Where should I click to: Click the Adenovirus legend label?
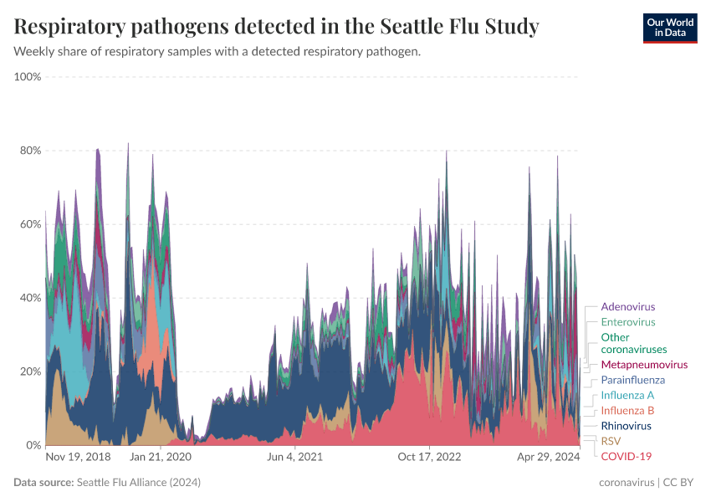627,307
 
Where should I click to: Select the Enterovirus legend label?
627,322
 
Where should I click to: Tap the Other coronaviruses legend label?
633,343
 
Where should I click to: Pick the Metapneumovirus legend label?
644,365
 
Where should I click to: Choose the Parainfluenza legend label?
633,380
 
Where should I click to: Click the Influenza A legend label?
627,395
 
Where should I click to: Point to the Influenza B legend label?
627,411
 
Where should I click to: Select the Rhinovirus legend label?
627,426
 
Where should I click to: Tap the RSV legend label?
611,441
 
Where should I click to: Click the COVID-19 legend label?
626,456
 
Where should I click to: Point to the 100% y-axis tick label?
28,77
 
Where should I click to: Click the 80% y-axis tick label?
30,151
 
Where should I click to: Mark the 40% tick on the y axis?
30,298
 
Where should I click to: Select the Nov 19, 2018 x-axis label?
78,457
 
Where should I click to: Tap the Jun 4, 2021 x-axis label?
294,457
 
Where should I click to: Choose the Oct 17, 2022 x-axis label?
429,457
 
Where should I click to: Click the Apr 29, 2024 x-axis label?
549,457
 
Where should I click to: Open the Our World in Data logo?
669,28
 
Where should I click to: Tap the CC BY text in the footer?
680,483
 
